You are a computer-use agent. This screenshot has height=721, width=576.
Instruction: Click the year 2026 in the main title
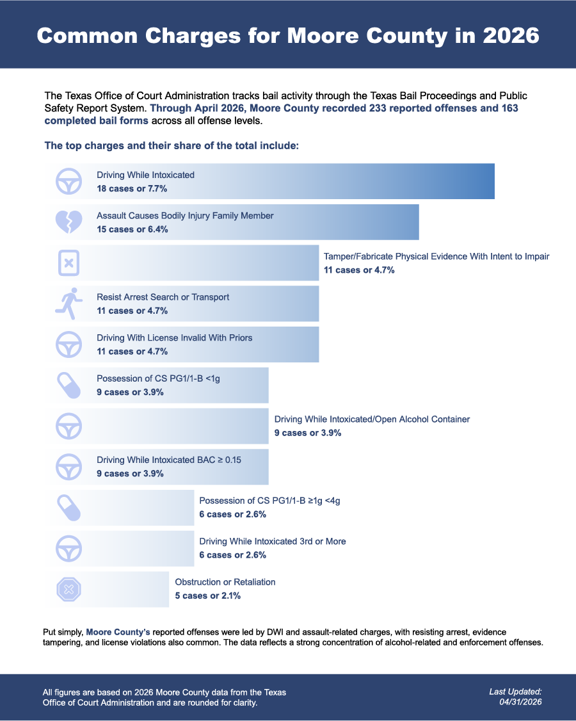click(511, 36)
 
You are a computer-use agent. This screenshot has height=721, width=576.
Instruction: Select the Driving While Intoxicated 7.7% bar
click(269, 181)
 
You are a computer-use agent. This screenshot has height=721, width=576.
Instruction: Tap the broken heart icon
click(69, 222)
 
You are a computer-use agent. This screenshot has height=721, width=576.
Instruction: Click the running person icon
click(69, 304)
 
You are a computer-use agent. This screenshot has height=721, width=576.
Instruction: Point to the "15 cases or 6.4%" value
click(132, 229)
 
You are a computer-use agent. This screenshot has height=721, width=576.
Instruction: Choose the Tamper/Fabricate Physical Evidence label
click(436, 257)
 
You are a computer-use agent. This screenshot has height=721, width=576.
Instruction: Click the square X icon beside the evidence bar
click(69, 263)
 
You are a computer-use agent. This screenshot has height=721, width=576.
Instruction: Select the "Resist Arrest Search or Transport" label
click(163, 297)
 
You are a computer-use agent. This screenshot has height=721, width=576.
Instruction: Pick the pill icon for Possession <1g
click(69, 385)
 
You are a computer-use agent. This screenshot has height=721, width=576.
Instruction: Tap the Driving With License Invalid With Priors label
click(175, 338)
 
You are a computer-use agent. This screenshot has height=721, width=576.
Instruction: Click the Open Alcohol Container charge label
click(372, 419)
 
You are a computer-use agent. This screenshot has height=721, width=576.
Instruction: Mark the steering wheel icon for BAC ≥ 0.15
click(69, 467)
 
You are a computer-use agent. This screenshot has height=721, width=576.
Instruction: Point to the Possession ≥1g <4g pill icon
click(69, 508)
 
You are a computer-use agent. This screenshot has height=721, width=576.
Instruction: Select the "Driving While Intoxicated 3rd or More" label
click(273, 541)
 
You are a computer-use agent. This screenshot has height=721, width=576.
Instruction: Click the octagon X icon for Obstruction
click(69, 590)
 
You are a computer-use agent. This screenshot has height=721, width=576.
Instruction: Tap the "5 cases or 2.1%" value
click(208, 596)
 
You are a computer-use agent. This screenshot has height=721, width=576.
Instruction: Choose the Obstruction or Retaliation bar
click(107, 590)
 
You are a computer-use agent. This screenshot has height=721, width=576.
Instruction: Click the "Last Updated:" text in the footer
click(515, 692)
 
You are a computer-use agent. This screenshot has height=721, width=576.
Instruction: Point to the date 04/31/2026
click(521, 702)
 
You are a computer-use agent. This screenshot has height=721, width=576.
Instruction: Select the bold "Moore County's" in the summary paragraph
click(118, 632)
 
